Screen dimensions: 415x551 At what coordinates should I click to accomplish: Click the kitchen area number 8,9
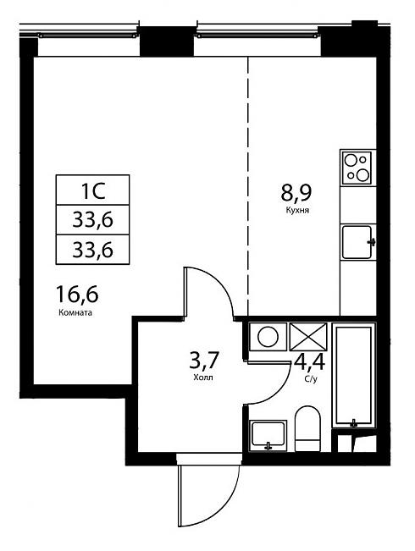pyautogui.click(x=296, y=193)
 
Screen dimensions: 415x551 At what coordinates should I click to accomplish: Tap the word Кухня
pyautogui.click(x=297, y=211)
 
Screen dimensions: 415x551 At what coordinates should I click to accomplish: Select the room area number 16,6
pyautogui.click(x=77, y=295)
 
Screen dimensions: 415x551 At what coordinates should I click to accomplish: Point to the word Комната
pyautogui.click(x=75, y=312)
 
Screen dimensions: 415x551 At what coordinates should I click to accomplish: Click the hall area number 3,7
pyautogui.click(x=204, y=361)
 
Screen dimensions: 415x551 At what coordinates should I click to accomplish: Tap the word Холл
pyautogui.click(x=203, y=377)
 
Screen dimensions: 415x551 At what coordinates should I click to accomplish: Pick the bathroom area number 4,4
pyautogui.click(x=310, y=361)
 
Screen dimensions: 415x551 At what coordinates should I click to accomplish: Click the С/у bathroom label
pyautogui.click(x=311, y=379)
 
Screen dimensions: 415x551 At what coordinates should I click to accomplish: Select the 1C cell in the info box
pyautogui.click(x=93, y=190)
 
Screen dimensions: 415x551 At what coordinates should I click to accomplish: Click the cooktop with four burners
pyautogui.click(x=357, y=168)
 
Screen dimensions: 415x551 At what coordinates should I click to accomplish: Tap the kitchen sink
pyautogui.click(x=357, y=242)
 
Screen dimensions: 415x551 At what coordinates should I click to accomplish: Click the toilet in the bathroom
pyautogui.click(x=307, y=428)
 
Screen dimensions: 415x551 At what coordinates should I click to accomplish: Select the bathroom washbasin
pyautogui.click(x=268, y=436)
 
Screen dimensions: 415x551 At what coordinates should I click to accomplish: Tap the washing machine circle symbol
pyautogui.click(x=268, y=337)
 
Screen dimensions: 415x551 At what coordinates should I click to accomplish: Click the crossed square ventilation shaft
pyautogui.click(x=308, y=337)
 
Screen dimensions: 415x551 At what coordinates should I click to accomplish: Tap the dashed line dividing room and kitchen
pyautogui.click(x=248, y=186)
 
